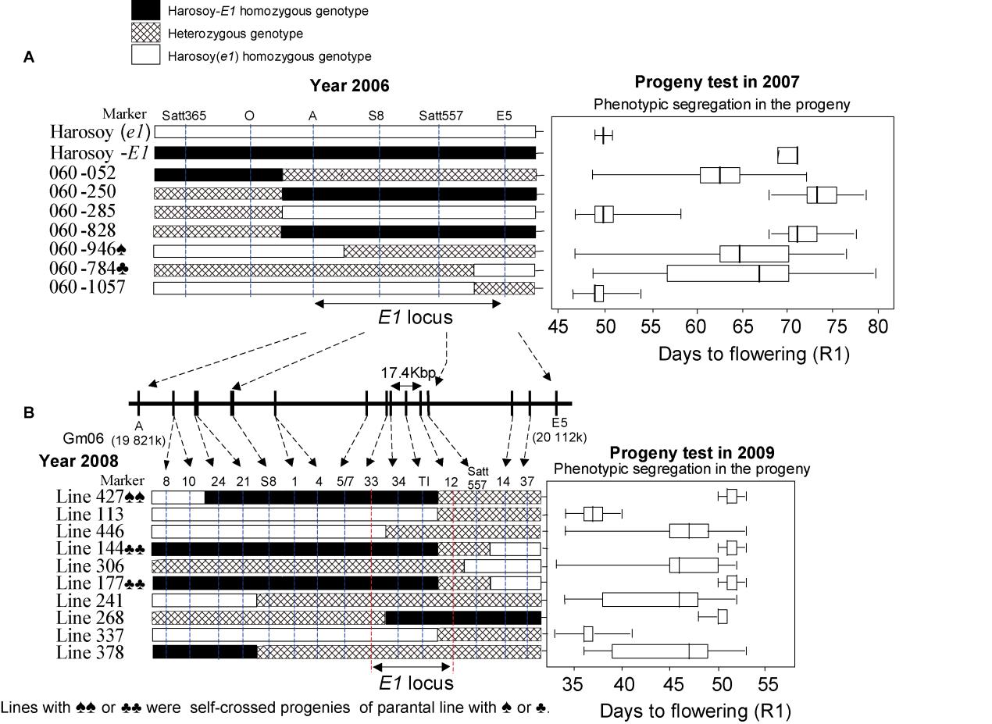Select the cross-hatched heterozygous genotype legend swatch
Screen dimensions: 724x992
point(146,33)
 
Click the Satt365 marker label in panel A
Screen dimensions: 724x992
point(184,116)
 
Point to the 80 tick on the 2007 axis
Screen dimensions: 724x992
point(878,326)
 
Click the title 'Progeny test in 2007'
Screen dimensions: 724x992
point(716,82)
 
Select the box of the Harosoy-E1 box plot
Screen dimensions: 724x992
point(787,155)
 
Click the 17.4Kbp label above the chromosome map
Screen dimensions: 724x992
point(408,373)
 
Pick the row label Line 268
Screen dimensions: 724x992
point(90,618)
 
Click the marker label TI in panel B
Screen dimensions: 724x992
point(423,480)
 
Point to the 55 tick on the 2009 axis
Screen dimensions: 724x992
point(768,686)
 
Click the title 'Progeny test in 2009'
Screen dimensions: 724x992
point(691,453)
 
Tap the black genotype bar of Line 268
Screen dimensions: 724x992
point(462,618)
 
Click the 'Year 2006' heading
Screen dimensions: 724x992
point(349,85)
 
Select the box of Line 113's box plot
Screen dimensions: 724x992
point(593,513)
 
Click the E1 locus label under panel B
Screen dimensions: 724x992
point(416,683)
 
